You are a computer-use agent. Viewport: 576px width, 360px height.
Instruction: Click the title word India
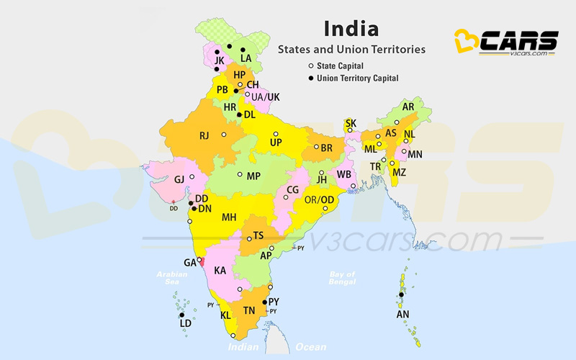point(351,29)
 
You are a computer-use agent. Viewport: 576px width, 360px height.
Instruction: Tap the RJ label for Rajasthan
point(204,135)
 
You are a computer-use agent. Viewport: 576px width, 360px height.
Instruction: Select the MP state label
point(253,176)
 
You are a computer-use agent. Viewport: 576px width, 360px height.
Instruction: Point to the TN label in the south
point(249,310)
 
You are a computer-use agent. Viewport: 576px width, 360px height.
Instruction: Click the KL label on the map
point(225,315)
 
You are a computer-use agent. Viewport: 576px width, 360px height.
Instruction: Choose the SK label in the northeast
point(351,123)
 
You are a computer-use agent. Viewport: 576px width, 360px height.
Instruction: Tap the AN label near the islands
point(402,314)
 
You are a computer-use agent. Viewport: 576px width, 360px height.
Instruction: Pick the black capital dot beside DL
point(239,114)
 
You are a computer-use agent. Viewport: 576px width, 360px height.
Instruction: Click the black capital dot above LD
point(182,315)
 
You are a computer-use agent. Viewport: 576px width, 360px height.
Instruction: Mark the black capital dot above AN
point(401,294)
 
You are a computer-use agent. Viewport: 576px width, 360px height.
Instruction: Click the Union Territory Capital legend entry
point(352,78)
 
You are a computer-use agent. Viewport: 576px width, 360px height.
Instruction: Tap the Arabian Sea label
point(171,278)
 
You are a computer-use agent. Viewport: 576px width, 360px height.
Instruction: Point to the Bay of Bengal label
point(343,278)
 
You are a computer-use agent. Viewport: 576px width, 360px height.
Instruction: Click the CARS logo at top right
point(508,42)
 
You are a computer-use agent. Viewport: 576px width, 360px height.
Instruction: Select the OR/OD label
point(319,199)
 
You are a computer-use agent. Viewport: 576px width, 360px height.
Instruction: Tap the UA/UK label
point(266,96)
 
